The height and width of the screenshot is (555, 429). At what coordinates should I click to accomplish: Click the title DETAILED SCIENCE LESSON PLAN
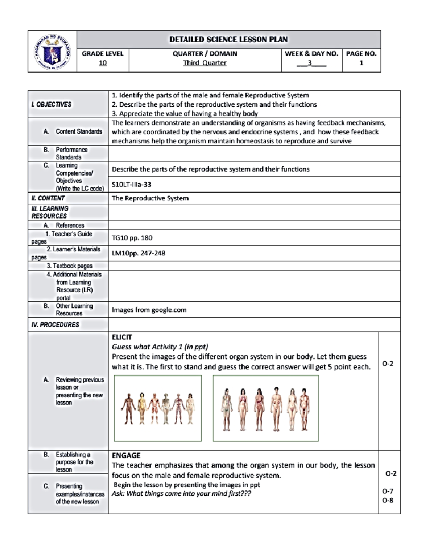pyautogui.click(x=228, y=40)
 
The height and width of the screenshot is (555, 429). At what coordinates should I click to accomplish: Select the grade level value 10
pyautogui.click(x=103, y=63)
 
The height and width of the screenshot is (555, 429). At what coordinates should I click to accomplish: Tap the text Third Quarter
pyautogui.click(x=204, y=63)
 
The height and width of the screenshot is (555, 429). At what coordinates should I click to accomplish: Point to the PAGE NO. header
pyautogui.click(x=361, y=54)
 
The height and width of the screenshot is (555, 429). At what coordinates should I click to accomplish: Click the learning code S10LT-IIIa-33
pyautogui.click(x=132, y=185)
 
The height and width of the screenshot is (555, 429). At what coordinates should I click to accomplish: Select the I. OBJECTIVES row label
pyautogui.click(x=51, y=104)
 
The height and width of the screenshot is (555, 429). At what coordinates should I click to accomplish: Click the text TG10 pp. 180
pyautogui.click(x=132, y=238)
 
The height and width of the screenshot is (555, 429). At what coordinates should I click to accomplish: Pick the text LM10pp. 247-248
pyautogui.click(x=138, y=253)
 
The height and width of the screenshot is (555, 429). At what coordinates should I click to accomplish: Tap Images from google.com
pyautogui.click(x=149, y=310)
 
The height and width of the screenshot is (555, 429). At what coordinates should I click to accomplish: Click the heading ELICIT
pyautogui.click(x=122, y=337)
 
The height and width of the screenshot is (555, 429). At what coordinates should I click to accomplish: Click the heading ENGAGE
pyautogui.click(x=126, y=455)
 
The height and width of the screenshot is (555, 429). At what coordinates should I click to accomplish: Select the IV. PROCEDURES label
pyautogui.click(x=55, y=324)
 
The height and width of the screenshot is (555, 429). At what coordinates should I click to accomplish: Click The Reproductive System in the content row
pyautogui.click(x=150, y=198)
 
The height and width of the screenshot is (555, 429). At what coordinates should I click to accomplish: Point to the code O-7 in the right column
pyautogui.click(x=388, y=491)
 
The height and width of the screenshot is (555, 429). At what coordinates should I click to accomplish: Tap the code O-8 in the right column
pyautogui.click(x=388, y=500)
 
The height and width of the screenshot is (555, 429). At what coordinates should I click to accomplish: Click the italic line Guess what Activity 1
pyautogui.click(x=160, y=347)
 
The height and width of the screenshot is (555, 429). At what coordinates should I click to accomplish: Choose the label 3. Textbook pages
pyautogui.click(x=70, y=266)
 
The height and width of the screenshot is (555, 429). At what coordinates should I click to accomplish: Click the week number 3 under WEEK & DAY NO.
pyautogui.click(x=310, y=63)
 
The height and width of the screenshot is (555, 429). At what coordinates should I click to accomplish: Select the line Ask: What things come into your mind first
pyautogui.click(x=181, y=494)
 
